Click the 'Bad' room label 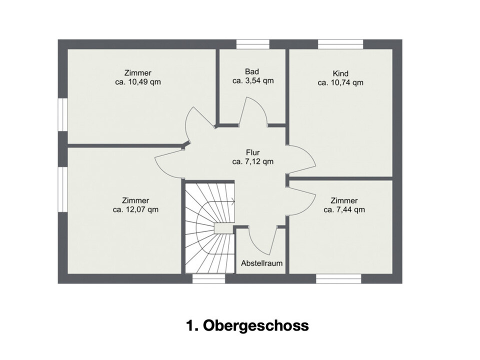click(x=252, y=71)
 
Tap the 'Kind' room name click(x=340, y=73)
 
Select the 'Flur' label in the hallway click(x=253, y=152)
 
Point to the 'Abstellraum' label click(x=261, y=263)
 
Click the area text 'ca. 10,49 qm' click(x=138, y=82)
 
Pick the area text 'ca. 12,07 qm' click(x=135, y=209)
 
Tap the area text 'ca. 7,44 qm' click(x=344, y=209)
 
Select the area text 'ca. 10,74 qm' click(x=340, y=82)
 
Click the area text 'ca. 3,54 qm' click(x=253, y=81)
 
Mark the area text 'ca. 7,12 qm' click(x=253, y=161)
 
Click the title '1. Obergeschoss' click(x=247, y=325)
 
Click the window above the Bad click(x=253, y=44)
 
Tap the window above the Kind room click(x=340, y=44)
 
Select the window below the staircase click(x=209, y=278)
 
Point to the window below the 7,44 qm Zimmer click(x=338, y=278)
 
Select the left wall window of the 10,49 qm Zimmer click(x=63, y=115)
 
